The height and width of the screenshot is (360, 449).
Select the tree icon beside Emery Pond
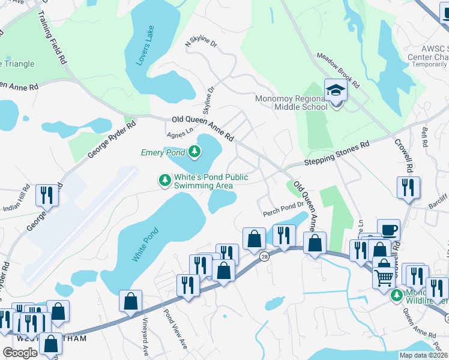pos(194,152)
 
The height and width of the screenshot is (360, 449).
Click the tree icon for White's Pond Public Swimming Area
pos(164,180)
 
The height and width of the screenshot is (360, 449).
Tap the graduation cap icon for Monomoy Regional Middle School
pos(336,90)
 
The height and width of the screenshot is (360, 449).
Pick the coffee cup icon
pos(388,230)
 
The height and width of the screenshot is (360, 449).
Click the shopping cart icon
pos(383,276)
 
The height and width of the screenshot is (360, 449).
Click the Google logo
pos(20,352)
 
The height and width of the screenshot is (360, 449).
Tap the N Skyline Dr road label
pos(203,43)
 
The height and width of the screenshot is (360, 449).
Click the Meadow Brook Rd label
pos(338,67)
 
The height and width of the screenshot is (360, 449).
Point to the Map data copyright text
pos(423,355)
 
